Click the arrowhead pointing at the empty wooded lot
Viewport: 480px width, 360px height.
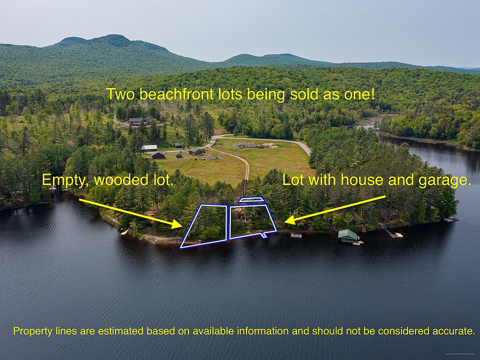point(177,224)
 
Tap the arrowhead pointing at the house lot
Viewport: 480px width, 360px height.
point(290,220)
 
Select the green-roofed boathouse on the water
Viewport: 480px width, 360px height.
point(348,235)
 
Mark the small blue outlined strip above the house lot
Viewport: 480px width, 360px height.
point(251,199)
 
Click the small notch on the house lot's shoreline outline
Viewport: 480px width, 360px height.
point(263,235)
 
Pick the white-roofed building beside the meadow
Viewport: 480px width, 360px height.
point(149,148)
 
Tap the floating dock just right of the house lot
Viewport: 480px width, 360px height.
point(296,235)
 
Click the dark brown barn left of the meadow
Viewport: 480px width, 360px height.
point(158,155)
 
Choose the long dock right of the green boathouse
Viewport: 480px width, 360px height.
point(392,231)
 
